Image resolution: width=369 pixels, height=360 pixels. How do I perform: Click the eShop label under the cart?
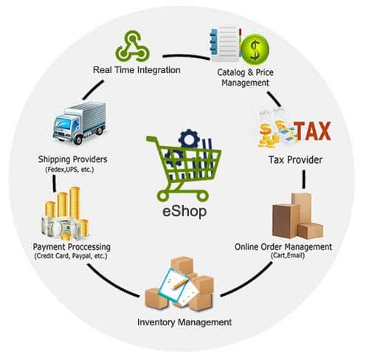(184, 211)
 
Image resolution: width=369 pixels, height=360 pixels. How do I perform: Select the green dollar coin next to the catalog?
(255, 49)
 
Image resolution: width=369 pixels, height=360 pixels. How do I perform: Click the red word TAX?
(313, 131)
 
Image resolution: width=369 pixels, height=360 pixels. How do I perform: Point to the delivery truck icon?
(80, 122)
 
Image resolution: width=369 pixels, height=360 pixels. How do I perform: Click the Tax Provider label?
(295, 160)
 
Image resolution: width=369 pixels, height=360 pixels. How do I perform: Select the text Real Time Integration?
(137, 70)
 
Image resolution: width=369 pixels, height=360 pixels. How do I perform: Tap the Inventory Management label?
(184, 322)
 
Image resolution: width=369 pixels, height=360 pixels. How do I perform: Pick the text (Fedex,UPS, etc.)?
(69, 170)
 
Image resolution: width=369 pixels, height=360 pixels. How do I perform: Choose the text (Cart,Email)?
(288, 255)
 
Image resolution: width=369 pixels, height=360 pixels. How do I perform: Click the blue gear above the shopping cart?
(189, 139)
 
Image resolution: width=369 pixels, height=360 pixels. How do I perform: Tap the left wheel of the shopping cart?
(162, 196)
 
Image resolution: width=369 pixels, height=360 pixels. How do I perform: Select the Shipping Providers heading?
(72, 159)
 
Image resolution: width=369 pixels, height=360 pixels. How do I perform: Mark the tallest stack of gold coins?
(75, 203)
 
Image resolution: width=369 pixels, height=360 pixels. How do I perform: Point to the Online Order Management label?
(283, 246)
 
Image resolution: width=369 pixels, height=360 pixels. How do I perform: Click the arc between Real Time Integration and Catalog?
(186, 55)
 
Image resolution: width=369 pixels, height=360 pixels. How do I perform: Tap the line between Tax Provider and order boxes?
(304, 179)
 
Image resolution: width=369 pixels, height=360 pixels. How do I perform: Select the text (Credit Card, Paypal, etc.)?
(71, 256)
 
